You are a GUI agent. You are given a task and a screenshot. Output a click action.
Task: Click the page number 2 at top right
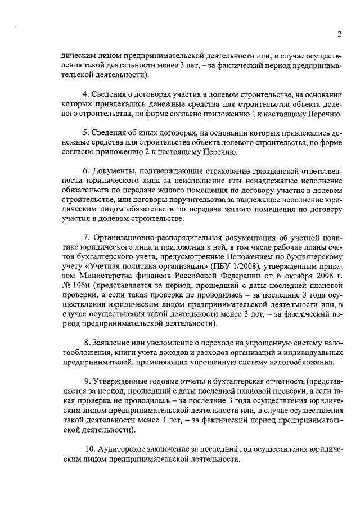pyautogui.click(x=339, y=34)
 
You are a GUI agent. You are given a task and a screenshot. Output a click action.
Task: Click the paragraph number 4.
pyautogui.click(x=85, y=93)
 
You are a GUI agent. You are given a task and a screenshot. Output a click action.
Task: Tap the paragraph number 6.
pyautogui.click(x=85, y=170)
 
